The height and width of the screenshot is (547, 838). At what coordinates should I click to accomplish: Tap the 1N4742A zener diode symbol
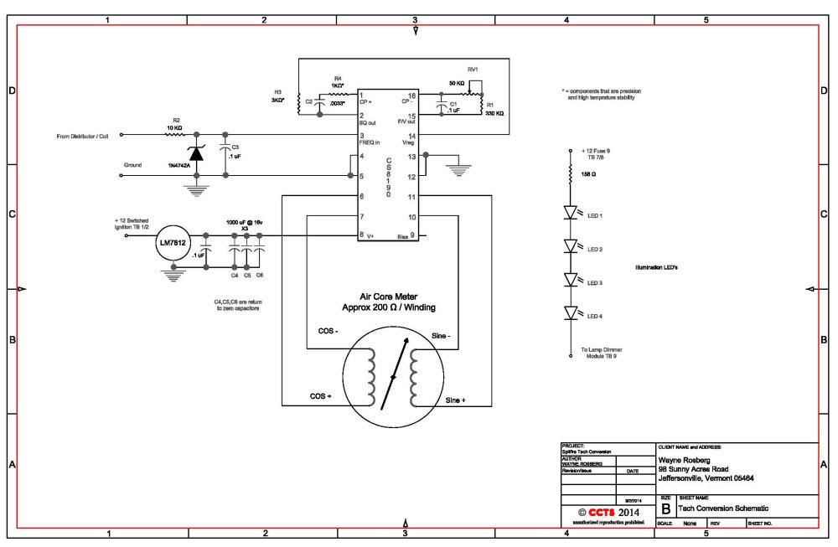coord(197,153)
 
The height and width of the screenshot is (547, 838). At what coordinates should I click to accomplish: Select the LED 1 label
coord(596,215)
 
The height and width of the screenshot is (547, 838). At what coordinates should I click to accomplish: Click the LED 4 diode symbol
coord(572,313)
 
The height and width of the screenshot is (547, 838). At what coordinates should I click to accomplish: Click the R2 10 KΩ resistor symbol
coord(176,134)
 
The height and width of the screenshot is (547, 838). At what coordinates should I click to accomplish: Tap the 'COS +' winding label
coord(322,396)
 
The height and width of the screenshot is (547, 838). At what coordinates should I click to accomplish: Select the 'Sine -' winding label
coord(440,337)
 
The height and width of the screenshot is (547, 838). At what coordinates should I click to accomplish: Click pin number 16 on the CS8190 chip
coord(411,95)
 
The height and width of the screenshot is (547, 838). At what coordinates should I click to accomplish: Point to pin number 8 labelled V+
coord(361,235)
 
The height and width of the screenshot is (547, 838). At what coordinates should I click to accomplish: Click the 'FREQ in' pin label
coord(371,142)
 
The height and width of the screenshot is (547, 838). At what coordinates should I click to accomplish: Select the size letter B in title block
coord(666,508)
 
